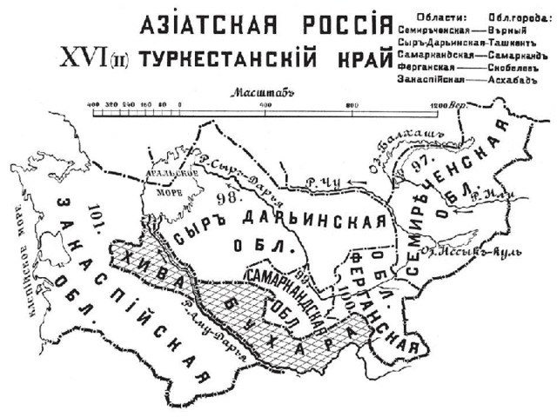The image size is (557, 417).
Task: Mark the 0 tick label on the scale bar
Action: point(178,105)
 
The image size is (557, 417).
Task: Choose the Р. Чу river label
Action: point(319,182)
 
